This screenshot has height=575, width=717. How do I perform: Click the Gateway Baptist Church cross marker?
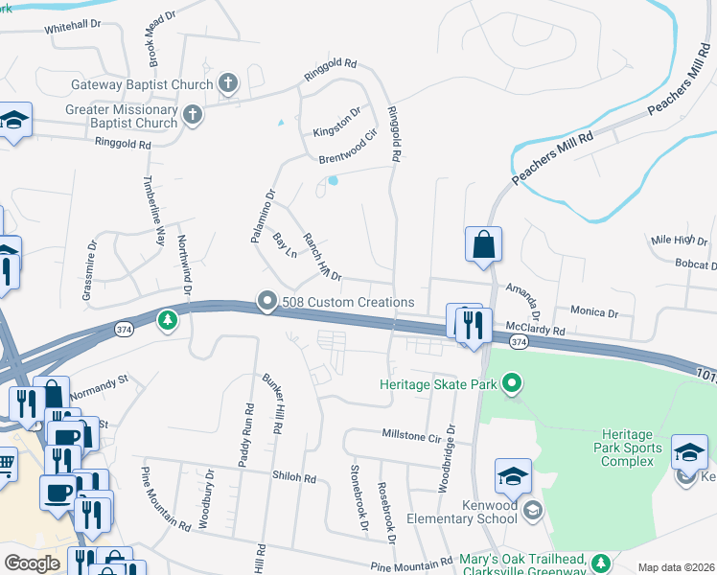(x=228, y=83)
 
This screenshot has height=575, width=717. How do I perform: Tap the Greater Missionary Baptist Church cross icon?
(x=193, y=116)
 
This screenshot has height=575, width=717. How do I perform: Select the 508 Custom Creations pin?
(x=267, y=302)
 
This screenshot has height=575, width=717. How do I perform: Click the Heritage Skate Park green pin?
(x=512, y=385)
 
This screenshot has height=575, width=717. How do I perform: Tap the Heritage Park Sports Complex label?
(x=631, y=448)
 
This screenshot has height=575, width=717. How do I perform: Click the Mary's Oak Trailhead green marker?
(x=601, y=562)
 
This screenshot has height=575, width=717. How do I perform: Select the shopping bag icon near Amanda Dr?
(x=484, y=244)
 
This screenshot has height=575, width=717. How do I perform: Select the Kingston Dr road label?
(x=337, y=124)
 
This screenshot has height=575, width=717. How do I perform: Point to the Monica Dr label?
(x=594, y=312)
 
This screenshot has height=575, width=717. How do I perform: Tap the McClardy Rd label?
(x=536, y=329)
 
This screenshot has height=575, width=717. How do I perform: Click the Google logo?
(x=32, y=563)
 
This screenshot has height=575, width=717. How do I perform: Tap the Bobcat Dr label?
(x=695, y=264)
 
